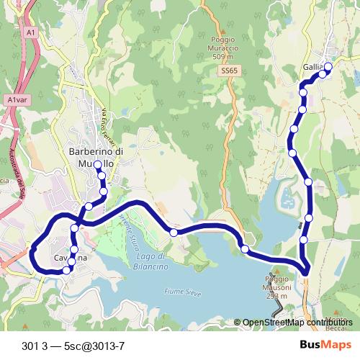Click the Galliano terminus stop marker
(x=328, y=67)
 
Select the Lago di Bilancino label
(x=151, y=261)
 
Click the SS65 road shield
(x=229, y=71)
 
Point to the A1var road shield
(x=17, y=101)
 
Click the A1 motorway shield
(x=30, y=32)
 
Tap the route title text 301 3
(x=37, y=344)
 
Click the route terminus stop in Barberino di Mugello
(x=98, y=166)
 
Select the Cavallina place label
(x=71, y=258)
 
